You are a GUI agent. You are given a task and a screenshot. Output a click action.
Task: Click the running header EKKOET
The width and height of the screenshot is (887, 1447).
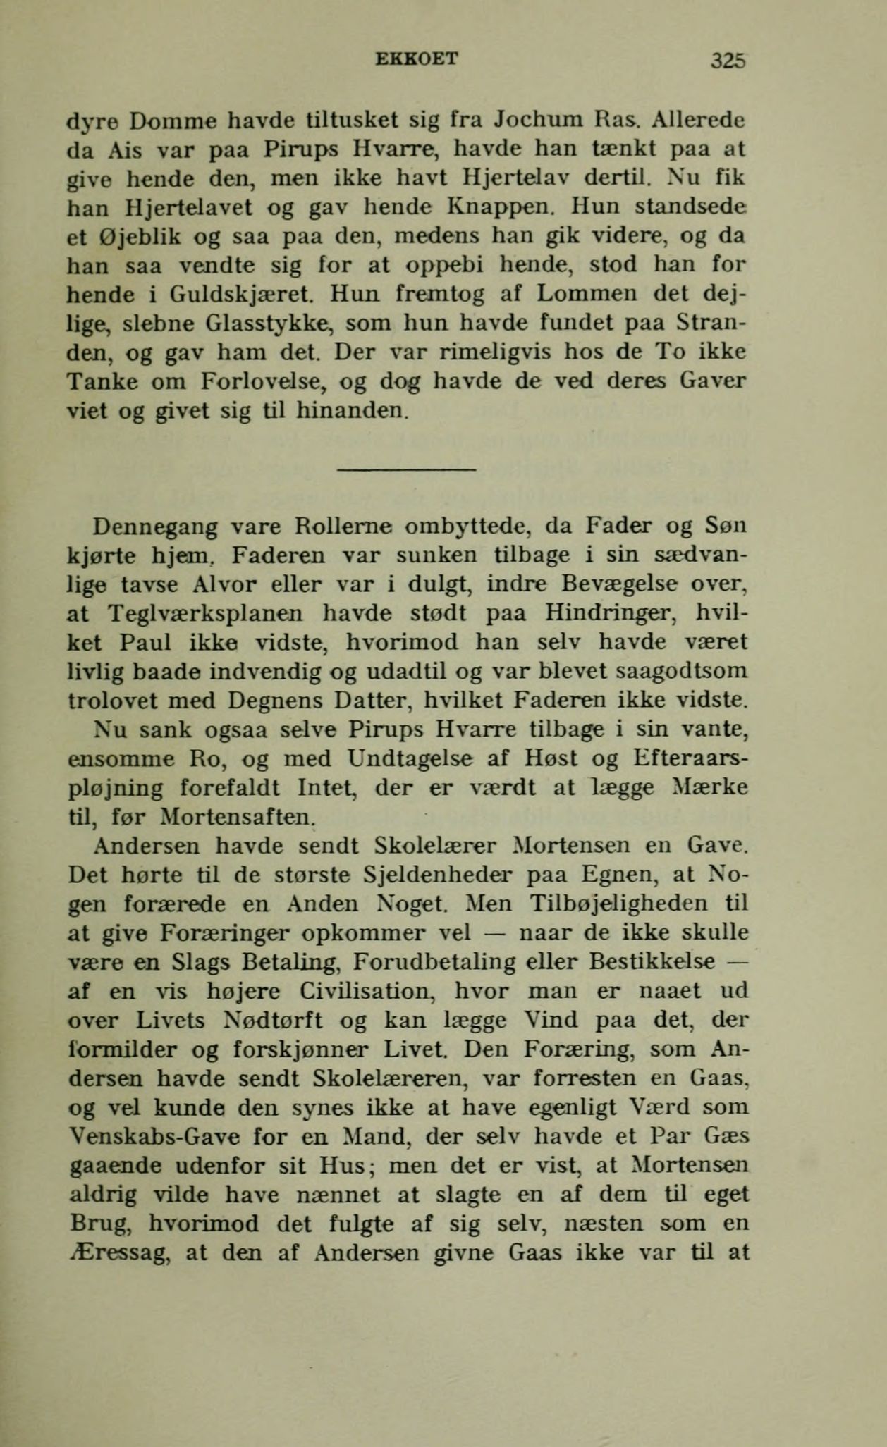[x=418, y=59]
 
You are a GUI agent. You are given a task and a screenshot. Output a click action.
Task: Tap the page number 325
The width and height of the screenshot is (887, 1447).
[x=728, y=60]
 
